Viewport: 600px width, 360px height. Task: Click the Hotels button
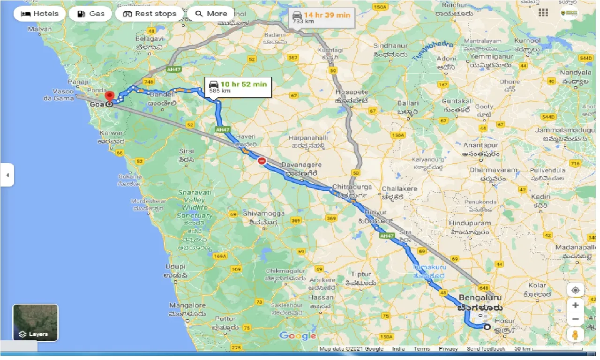[40, 14]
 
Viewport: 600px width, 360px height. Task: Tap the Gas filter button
[90, 14]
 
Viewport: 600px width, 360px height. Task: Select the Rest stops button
[149, 14]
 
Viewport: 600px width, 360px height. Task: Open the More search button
[211, 14]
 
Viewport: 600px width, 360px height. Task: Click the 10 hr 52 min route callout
[238, 87]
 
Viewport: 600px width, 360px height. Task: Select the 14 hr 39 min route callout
[321, 18]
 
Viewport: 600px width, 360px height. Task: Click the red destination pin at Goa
[110, 97]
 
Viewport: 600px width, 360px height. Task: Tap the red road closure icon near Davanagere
[262, 161]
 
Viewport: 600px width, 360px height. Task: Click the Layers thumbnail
[36, 322]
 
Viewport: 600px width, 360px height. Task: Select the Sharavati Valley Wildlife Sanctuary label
[195, 204]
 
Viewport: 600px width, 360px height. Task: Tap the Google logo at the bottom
[298, 336]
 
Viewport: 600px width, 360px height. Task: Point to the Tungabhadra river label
[433, 51]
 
